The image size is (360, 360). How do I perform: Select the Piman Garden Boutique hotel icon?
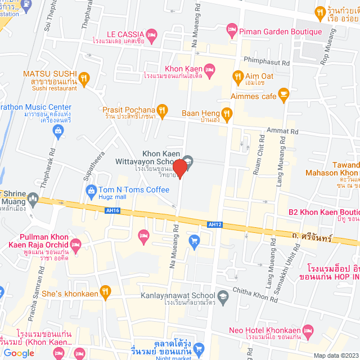tap(231, 28)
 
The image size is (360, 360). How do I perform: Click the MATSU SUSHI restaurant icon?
tap(84, 78)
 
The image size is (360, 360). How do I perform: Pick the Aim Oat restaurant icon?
tap(238, 76)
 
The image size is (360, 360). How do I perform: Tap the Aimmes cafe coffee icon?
tap(284, 94)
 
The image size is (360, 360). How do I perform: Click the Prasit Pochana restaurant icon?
tap(162, 109)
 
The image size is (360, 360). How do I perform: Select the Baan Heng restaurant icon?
tap(227, 113)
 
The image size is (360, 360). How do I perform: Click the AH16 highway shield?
tap(112, 211)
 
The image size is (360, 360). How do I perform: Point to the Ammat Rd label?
tap(286, 130)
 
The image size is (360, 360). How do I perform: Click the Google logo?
tap(19, 353)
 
